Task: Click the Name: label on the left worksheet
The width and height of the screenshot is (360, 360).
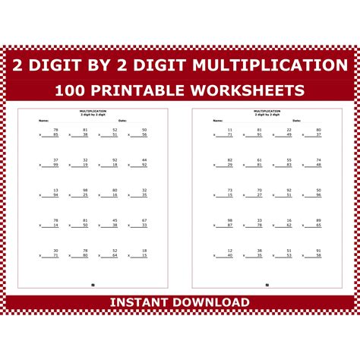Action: coord(44,120)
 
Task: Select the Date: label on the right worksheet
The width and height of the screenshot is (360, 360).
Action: coord(297,120)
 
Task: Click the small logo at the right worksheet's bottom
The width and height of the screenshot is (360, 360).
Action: coord(267,285)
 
